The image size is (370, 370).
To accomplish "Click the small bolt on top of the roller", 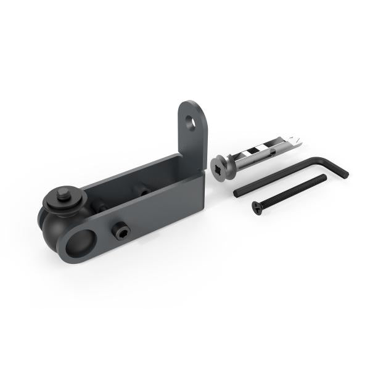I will tap(64, 194).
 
